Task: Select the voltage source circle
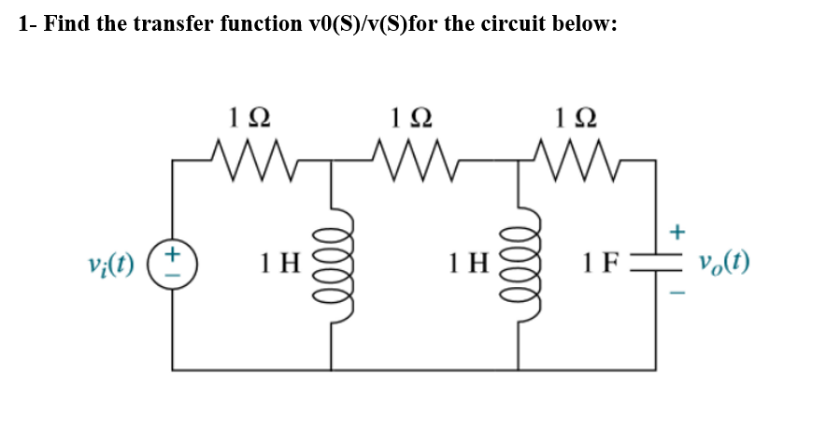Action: pos(174,263)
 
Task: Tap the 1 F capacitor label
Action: pos(599,263)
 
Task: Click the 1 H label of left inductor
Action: pos(279,263)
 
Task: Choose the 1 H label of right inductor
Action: pos(464,263)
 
